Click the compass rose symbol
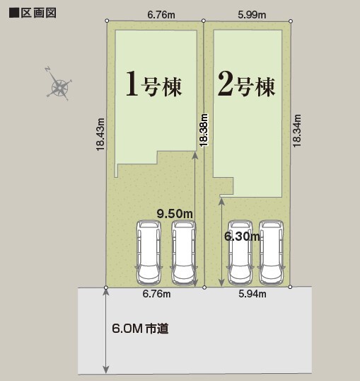pos(60,87)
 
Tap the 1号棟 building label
pos(153,84)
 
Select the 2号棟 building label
pos(245,84)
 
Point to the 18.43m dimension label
pos(100,134)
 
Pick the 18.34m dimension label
pos(297,130)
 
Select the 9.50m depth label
pos(175,212)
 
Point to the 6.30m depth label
pos(240,237)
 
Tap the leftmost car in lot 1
pos(149,253)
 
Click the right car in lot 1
pos(183,253)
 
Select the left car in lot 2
pos(239,253)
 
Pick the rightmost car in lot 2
pos(272,253)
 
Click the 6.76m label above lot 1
pos(161,13)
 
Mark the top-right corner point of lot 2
pos(291,22)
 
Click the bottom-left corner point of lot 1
pos(106,287)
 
